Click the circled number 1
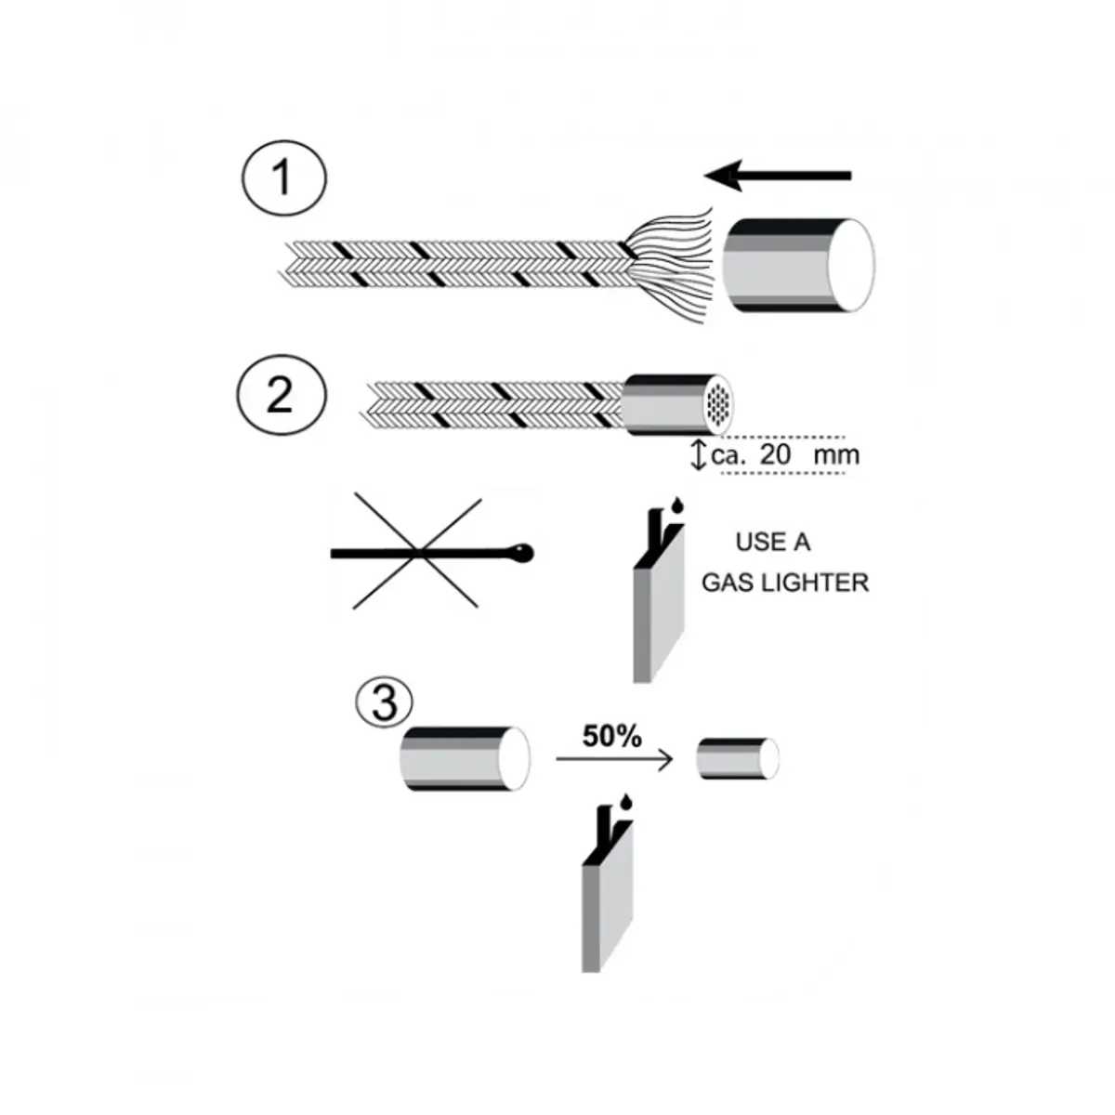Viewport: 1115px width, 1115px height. point(283,178)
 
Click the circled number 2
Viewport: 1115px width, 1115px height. point(281,395)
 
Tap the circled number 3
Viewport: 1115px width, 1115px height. point(384,702)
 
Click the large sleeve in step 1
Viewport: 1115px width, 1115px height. point(799,266)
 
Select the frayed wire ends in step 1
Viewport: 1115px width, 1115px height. point(671,265)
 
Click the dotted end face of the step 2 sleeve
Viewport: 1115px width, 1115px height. point(717,404)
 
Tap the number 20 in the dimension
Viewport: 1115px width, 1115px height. point(775,454)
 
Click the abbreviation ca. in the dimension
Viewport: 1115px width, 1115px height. point(729,456)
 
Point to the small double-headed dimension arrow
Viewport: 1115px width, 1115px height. point(700,454)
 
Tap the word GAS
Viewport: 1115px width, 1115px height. point(728,583)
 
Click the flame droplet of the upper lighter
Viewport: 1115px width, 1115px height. point(676,505)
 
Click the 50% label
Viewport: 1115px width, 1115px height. point(611,737)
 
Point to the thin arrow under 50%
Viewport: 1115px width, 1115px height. point(614,758)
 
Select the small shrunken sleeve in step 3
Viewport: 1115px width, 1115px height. point(738,758)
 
